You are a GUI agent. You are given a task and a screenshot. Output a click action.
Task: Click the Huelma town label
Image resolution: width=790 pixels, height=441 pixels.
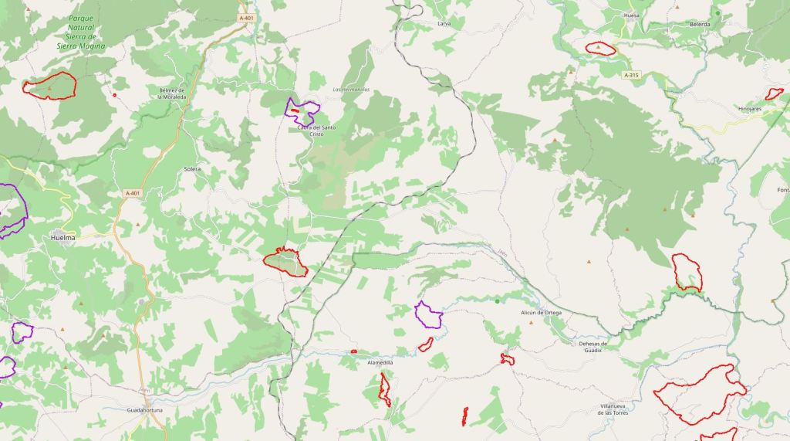click(x=63, y=238)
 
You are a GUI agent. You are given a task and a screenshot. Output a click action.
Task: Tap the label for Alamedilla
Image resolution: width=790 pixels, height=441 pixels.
click(x=380, y=362)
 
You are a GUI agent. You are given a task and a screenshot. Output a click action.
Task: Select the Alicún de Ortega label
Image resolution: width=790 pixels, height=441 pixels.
click(x=541, y=312)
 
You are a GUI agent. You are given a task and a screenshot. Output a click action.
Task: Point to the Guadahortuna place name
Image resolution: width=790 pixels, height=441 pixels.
click(x=145, y=410)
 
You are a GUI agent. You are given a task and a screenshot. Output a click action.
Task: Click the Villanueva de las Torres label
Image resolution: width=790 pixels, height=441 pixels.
click(x=623, y=409)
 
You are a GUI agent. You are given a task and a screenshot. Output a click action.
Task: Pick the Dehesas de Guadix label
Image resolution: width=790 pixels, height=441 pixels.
click(x=594, y=347)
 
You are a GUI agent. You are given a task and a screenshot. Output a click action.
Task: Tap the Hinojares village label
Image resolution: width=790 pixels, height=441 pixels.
click(x=750, y=109)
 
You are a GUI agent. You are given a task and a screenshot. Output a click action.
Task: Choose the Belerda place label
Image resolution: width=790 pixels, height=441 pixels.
click(x=700, y=24)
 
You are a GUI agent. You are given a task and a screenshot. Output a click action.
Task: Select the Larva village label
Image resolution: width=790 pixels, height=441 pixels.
click(x=444, y=24)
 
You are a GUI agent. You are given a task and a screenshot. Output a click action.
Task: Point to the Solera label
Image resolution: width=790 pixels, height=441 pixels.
click(x=192, y=168)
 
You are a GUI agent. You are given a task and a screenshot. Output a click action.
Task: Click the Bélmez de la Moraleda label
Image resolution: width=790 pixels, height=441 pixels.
click(x=172, y=94)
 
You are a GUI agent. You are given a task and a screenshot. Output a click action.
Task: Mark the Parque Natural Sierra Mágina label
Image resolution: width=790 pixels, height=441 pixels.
click(x=81, y=32)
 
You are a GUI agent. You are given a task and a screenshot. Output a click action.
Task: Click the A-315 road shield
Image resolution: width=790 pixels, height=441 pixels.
click(x=631, y=75)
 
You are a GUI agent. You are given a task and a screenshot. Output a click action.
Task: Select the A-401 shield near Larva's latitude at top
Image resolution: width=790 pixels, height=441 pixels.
click(x=246, y=18)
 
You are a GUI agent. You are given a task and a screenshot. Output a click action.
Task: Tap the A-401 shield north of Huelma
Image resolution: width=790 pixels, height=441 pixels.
click(x=133, y=193)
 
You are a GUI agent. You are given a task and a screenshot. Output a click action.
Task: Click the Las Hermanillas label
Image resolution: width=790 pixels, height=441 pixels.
click(x=351, y=90)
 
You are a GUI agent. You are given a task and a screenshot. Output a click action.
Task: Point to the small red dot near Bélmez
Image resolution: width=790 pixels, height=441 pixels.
click(x=115, y=95)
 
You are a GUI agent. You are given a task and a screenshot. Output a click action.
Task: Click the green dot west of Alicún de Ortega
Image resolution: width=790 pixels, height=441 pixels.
click(x=498, y=300)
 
